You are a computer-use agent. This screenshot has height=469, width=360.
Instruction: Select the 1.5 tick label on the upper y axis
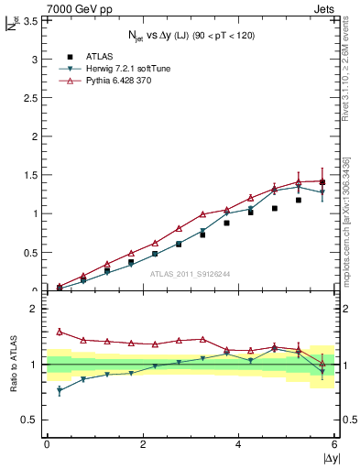click(30, 175)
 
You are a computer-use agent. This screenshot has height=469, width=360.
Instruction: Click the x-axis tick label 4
click(239, 445)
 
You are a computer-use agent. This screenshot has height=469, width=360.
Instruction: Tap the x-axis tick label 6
click(335, 445)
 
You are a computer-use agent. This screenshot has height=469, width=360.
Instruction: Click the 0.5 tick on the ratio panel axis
click(30, 420)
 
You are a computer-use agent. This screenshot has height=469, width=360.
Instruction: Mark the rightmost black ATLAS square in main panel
click(322, 182)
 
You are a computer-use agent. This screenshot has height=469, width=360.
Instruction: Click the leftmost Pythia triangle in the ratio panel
click(60, 332)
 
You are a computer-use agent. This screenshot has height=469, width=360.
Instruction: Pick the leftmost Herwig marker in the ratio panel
click(60, 390)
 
